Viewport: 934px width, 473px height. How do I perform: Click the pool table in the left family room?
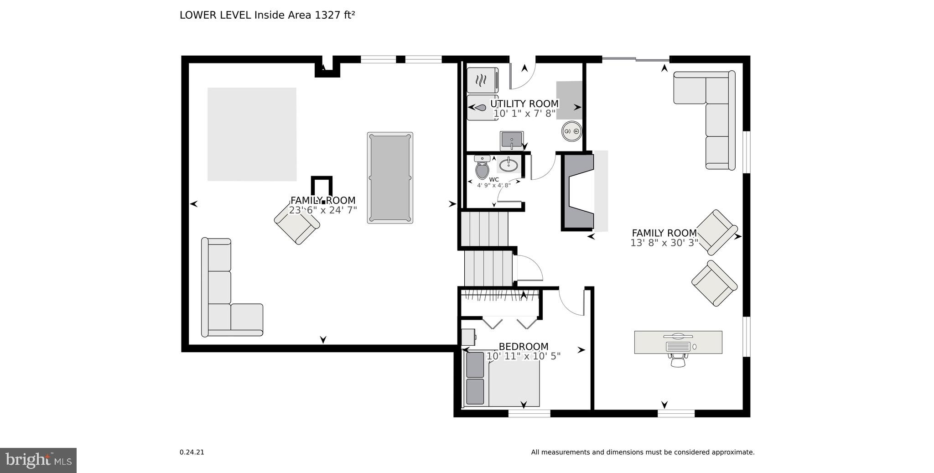click(390, 178)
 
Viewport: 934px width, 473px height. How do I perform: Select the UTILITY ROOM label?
click(524, 104)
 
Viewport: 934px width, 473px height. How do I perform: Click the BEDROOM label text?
click(524, 347)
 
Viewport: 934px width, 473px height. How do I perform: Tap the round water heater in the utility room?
click(571, 131)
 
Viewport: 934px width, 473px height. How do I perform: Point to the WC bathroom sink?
click(507, 164)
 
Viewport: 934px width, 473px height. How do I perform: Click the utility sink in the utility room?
click(512, 140)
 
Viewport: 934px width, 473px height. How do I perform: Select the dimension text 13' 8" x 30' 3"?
click(664, 243)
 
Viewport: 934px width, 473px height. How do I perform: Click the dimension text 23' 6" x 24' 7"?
click(323, 210)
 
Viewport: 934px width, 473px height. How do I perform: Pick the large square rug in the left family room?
click(252, 134)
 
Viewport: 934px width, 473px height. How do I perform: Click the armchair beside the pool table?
click(296, 226)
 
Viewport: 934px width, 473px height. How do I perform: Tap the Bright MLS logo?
click(38, 460)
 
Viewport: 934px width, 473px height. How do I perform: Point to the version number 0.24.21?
click(192, 452)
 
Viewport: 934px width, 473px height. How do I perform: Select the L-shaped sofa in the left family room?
click(223, 296)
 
